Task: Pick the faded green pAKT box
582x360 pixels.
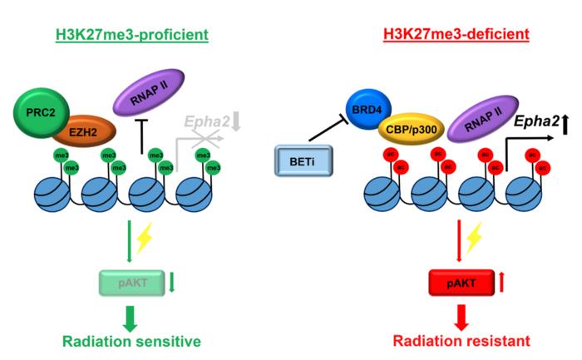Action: tap(129, 283)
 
